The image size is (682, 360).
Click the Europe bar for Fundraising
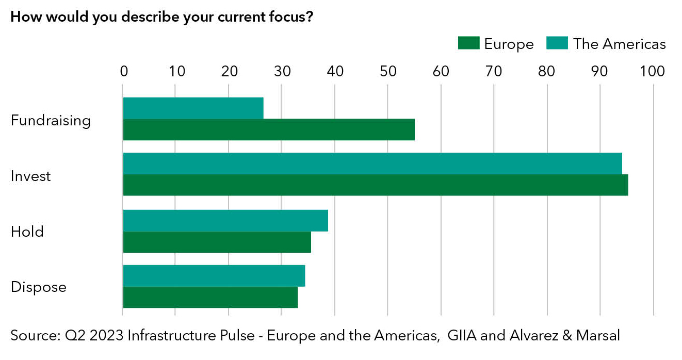pyautogui.click(x=269, y=130)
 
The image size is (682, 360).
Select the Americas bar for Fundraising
pyautogui.click(x=193, y=108)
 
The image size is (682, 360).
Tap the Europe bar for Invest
pyautogui.click(x=376, y=185)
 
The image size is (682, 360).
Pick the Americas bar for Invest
pyautogui.click(x=372, y=163)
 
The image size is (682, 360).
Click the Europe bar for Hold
pyautogui.click(x=217, y=242)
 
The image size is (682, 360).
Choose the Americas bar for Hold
pyautogui.click(x=225, y=221)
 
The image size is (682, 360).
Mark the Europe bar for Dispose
pyautogui.click(x=210, y=298)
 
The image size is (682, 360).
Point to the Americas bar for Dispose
pyautogui.click(x=214, y=276)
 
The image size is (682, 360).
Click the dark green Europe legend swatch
pyautogui.click(x=468, y=44)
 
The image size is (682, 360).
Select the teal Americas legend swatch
pyautogui.click(x=557, y=44)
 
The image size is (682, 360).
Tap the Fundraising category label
pyautogui.click(x=51, y=121)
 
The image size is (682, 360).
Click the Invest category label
pyautogui.click(x=31, y=176)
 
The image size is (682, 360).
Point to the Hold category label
pyautogui.click(x=27, y=232)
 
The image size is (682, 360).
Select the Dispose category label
pyautogui.click(x=39, y=287)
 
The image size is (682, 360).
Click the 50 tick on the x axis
pyautogui.click(x=388, y=72)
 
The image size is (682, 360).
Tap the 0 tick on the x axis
pyautogui.click(x=124, y=72)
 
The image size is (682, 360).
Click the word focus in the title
pyautogui.click(x=284, y=17)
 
